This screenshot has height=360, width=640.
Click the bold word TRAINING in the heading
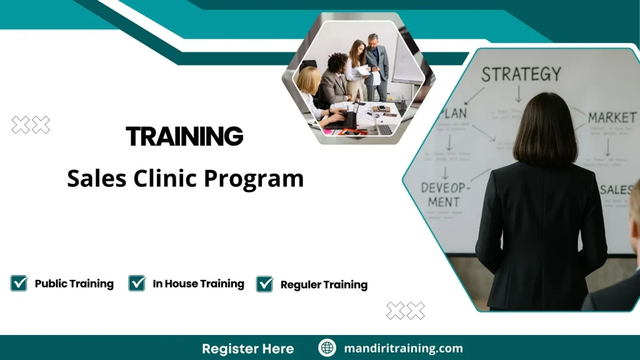pos(184,136)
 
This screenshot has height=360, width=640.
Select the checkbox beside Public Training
pos(19,283)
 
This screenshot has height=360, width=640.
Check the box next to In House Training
pos(137,283)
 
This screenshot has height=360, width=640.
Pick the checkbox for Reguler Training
pos(265,284)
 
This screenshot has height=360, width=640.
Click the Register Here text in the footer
pos(247,348)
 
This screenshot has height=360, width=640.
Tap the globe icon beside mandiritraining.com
pos(327,348)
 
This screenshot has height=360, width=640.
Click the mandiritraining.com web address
pos(403,348)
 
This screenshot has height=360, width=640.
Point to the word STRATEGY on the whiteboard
pos(521,74)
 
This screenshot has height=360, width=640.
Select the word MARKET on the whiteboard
pos(612,117)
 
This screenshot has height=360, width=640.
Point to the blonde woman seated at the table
pos(309,84)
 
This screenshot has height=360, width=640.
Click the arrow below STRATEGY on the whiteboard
pos(518,94)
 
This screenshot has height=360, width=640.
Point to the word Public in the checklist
pos(50,284)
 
